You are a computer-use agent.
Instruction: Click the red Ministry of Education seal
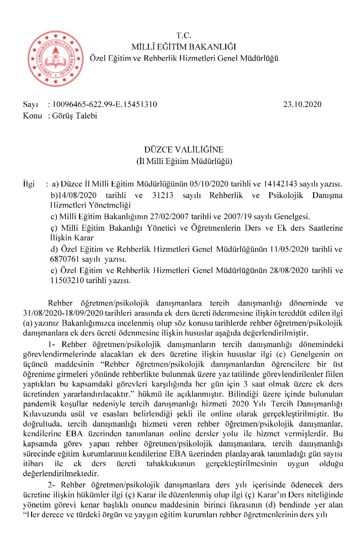56,59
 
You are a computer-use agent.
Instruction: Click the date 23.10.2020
302,104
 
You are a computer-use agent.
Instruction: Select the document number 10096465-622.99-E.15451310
105,104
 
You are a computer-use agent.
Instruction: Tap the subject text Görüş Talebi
75,116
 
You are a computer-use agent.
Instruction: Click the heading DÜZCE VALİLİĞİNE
184,150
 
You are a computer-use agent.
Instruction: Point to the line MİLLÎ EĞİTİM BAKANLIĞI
184,47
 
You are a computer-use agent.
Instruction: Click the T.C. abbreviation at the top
184,36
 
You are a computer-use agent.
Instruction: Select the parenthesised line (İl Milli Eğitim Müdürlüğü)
184,161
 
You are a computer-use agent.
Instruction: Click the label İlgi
29,184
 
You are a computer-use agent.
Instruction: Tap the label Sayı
30,104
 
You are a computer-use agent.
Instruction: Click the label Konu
32,116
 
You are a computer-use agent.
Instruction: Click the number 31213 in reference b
163,195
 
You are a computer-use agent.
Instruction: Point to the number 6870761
64,259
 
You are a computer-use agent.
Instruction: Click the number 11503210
67,280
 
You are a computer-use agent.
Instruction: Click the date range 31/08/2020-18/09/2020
63,313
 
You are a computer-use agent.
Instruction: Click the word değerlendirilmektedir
60,473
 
